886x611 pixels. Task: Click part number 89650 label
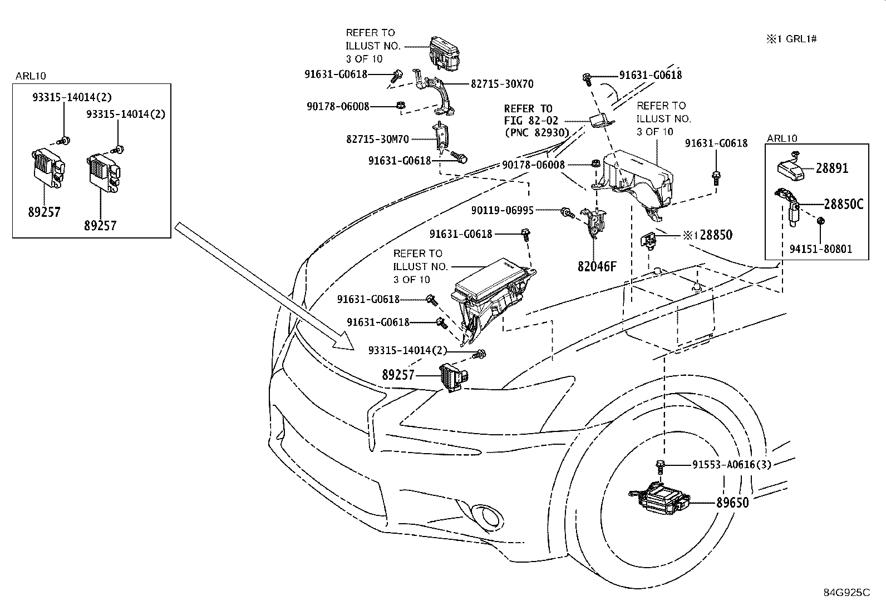pos(732,503)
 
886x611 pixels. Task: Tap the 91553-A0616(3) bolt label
pos(732,464)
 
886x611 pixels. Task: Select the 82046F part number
pos(597,266)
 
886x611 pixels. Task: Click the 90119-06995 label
pos(502,210)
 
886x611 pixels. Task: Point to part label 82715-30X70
pos(502,85)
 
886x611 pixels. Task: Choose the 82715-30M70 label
pos(377,139)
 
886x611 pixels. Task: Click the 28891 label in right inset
pos(832,168)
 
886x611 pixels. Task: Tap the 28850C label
pos(843,204)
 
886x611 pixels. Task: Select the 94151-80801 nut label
pos(820,250)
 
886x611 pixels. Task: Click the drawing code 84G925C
pos(846,593)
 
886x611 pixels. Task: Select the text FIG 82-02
pos(531,121)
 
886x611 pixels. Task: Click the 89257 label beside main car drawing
pos(398,375)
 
